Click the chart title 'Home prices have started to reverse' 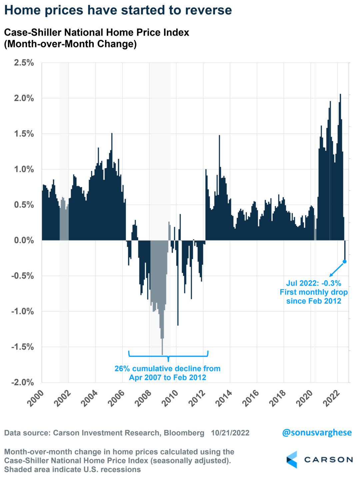click(x=118, y=10)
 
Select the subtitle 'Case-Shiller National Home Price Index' click(x=96, y=33)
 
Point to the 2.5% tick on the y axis click(x=24, y=63)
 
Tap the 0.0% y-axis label click(x=24, y=240)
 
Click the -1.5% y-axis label click(x=23, y=347)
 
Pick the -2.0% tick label click(x=23, y=382)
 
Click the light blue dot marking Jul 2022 click(x=345, y=262)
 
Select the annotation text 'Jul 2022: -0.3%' click(x=313, y=283)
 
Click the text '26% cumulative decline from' click(x=167, y=369)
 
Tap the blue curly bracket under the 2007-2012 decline click(x=168, y=356)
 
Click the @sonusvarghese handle click(x=317, y=433)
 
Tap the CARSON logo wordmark click(x=328, y=460)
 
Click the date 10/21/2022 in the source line click(x=230, y=433)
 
